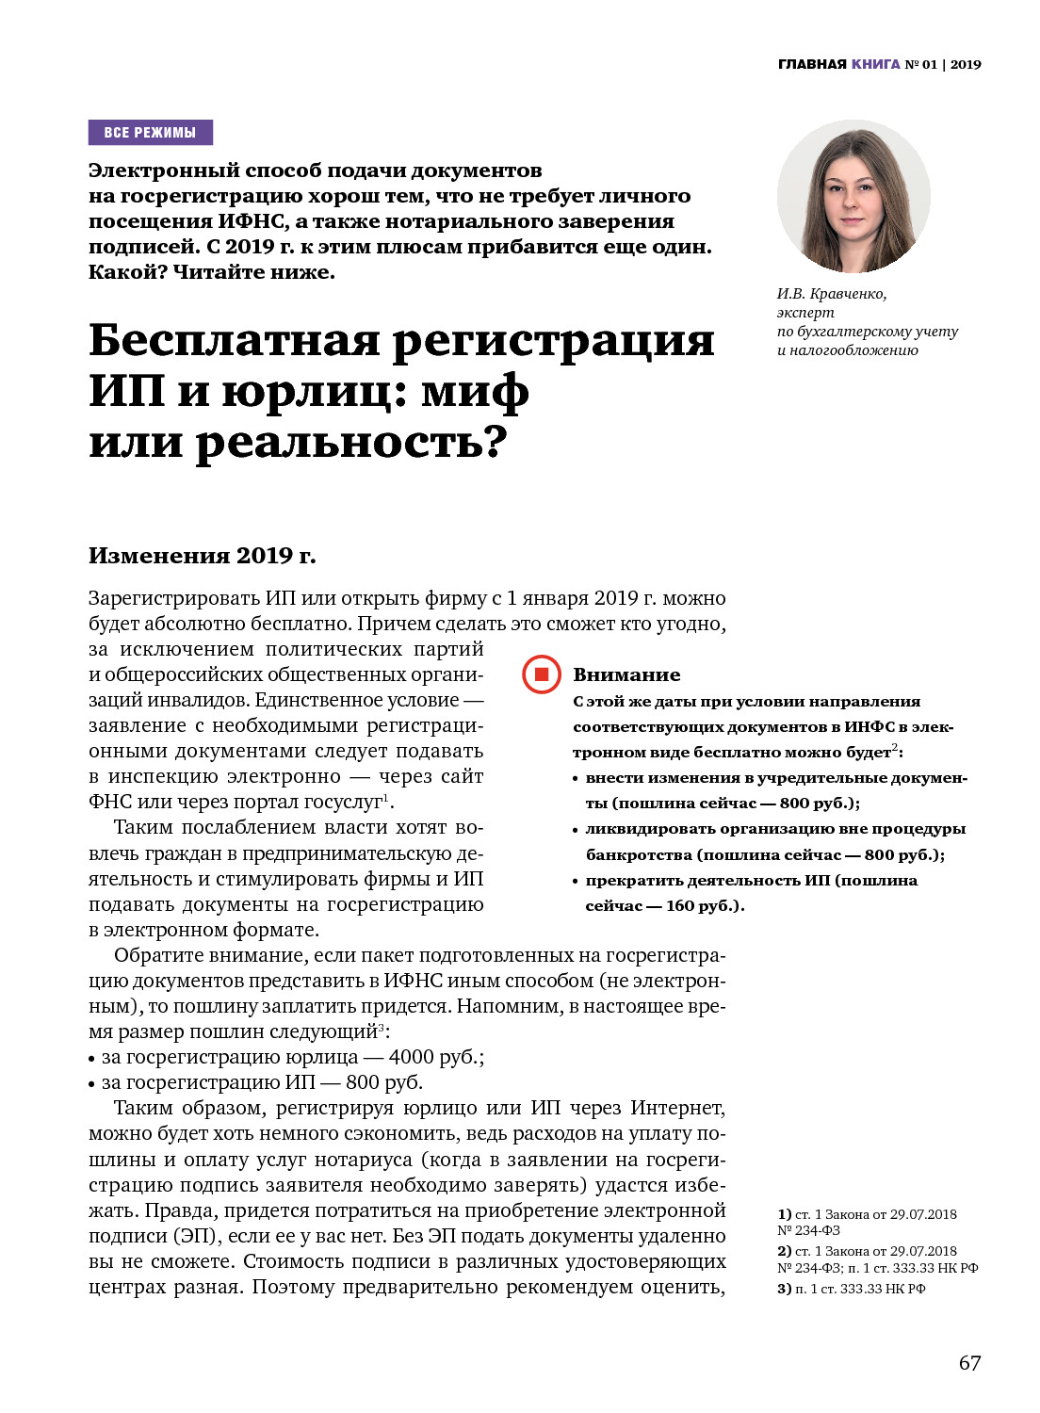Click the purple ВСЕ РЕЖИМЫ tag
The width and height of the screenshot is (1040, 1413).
[151, 133]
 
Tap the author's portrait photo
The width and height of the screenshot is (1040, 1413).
[853, 196]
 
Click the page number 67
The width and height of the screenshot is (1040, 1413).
[969, 1363]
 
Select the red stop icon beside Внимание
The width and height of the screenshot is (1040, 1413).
[542, 674]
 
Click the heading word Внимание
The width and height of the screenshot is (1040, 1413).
[626, 674]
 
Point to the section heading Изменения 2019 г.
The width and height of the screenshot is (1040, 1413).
[202, 556]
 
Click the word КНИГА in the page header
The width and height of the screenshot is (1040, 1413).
[876, 64]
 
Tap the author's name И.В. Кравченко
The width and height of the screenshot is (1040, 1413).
[831, 294]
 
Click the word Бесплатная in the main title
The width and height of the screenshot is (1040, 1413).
[235, 341]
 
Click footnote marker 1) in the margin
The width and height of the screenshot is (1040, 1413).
[784, 1214]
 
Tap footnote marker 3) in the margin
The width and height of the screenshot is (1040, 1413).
[784, 1289]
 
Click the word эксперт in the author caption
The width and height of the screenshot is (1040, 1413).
[805, 313]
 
